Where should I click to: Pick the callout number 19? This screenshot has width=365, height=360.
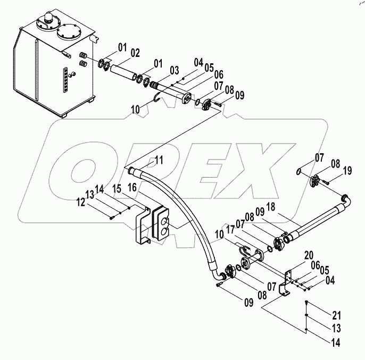point(347,171)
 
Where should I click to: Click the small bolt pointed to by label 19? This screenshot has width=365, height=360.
point(327,182)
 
